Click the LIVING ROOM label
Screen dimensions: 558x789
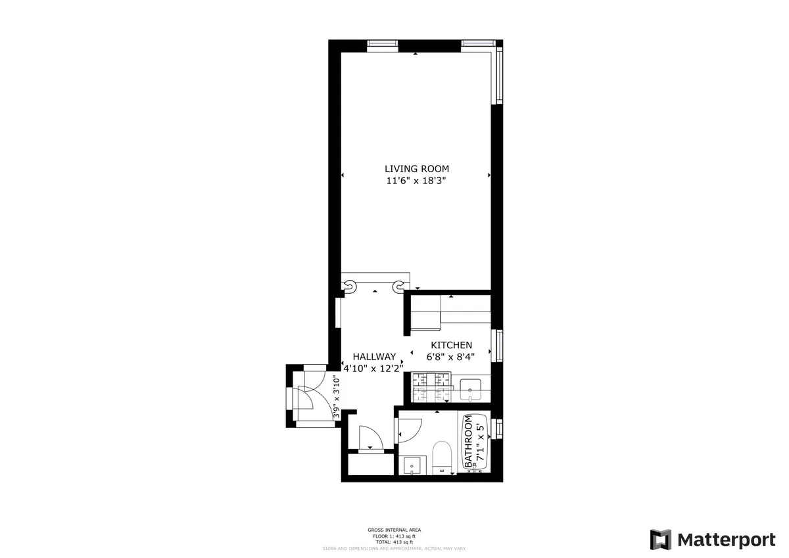tap(417, 169)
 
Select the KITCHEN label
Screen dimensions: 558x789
tap(451, 345)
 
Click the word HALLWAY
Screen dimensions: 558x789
tap(373, 356)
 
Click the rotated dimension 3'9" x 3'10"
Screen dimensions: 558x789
tap(337, 397)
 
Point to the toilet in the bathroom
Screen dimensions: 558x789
tap(441, 457)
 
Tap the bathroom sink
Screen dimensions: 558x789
tap(412, 466)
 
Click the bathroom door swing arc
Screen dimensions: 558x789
tap(408, 430)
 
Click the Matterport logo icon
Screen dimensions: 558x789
tap(661, 540)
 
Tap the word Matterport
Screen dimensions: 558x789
tap(727, 540)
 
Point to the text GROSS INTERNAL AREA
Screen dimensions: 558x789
tap(394, 530)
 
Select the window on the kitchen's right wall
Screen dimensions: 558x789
tap(500, 346)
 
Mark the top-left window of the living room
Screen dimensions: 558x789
tap(382, 43)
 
